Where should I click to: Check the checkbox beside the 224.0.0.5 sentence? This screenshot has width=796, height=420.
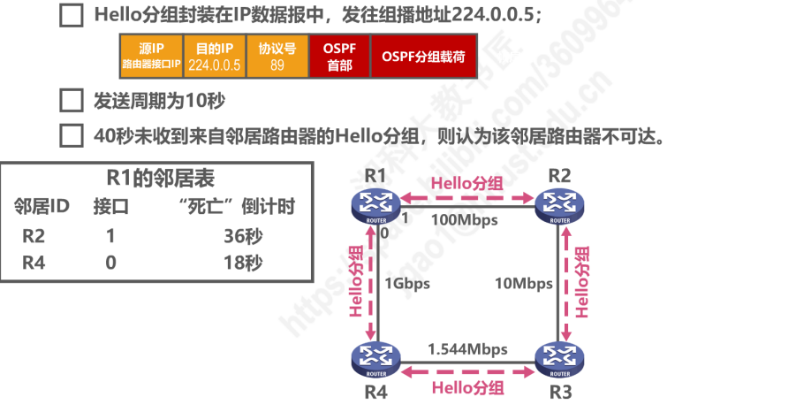pyautogui.click(x=71, y=17)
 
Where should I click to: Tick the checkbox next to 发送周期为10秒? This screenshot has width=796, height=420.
pyautogui.click(x=71, y=101)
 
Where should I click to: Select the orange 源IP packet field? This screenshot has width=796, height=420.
pyautogui.click(x=151, y=56)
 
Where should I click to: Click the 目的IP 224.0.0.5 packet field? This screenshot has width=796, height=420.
pyautogui.click(x=214, y=56)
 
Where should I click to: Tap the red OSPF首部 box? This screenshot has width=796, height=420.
pyautogui.click(x=340, y=56)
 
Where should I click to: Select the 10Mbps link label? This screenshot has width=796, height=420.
pyautogui.click(x=525, y=283)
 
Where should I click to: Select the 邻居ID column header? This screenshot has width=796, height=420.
pyautogui.click(x=42, y=207)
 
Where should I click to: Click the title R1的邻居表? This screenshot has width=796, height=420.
pyautogui.click(x=155, y=178)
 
